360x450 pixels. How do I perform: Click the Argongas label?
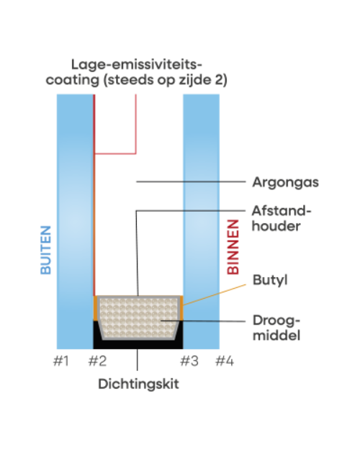click(x=285, y=183)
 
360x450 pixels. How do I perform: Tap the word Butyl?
click(x=270, y=280)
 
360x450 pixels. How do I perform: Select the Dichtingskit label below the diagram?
click(x=138, y=384)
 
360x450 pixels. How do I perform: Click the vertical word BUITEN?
click(x=45, y=250)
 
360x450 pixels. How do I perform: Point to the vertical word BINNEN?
click(x=233, y=247)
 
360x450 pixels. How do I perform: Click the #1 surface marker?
click(x=61, y=361)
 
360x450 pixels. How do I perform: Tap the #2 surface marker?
click(x=97, y=361)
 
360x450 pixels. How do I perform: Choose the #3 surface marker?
click(x=189, y=361)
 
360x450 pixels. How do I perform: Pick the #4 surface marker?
click(x=225, y=361)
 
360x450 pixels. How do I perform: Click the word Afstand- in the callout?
click(x=282, y=211)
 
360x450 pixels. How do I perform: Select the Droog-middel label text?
click(x=276, y=328)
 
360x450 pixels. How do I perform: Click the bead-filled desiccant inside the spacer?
click(x=138, y=318)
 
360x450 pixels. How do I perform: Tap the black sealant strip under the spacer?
click(x=138, y=344)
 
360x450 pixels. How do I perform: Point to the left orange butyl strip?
click(x=95, y=308)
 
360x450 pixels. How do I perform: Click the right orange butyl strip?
click(x=181, y=308)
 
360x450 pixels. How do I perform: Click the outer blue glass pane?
click(x=75, y=222)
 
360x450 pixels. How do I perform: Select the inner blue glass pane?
click(x=202, y=222)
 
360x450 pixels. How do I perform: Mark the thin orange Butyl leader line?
click(x=215, y=294)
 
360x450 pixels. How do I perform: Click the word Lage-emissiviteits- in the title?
click(x=137, y=65)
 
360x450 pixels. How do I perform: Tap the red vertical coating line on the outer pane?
click(x=94, y=195)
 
